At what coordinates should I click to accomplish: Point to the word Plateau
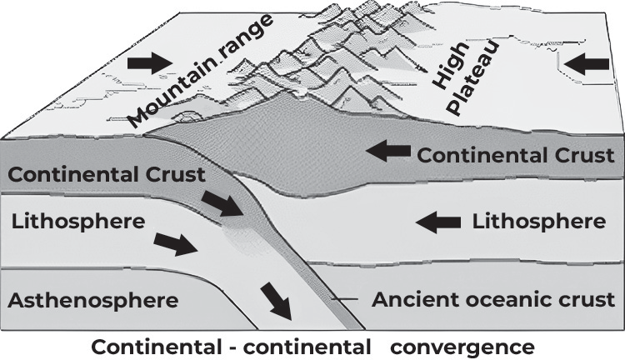coord(473,77)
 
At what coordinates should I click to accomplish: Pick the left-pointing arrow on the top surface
coord(587,64)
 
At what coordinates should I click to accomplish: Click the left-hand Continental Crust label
coord(107,175)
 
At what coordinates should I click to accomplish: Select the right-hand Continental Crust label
coord(516,155)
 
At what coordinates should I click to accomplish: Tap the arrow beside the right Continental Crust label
coord(388,151)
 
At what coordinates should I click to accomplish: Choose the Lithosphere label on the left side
coord(78,222)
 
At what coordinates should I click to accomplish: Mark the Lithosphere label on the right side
coord(539,222)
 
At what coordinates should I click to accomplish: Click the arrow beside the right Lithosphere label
coord(438,222)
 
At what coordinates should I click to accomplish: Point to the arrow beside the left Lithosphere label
coord(176,244)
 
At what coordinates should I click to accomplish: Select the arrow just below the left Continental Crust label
coord(222,203)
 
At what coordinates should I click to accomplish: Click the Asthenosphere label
coord(92,300)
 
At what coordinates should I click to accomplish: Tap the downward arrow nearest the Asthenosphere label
coord(277,301)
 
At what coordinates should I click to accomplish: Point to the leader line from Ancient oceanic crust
coord(345,298)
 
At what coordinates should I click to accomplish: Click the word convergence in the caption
coord(462,347)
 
